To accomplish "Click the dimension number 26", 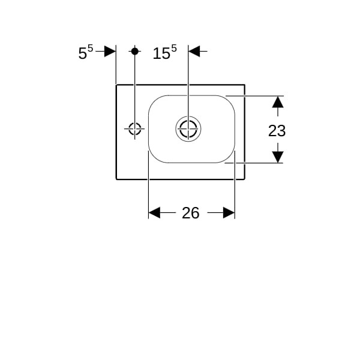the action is coord(190,213).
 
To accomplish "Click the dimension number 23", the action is coord(277,131).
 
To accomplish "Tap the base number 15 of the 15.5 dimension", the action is coord(161,53).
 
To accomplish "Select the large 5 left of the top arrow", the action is coord(83,53).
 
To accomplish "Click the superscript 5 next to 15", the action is coord(174,49).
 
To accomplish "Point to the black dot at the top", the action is coord(135,51).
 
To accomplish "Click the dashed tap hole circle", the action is coord(135,129).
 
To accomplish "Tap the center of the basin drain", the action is coord(188,129).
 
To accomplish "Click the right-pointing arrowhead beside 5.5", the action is coord(110,51).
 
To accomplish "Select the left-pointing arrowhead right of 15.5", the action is coord(194,51).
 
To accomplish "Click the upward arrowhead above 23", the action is coord(278,102).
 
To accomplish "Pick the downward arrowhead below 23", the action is coord(278,157).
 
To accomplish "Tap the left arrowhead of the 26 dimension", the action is coord(154,212).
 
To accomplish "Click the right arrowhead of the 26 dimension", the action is coord(229,212).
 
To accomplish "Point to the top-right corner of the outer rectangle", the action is coord(245,85).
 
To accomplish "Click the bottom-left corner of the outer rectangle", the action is coord(116,179).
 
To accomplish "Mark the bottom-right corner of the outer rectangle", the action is coord(245,179).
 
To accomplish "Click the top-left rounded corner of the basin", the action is coord(154,101).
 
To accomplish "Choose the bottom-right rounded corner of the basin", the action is coord(229,157).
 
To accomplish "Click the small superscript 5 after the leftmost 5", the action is coord(90,49).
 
